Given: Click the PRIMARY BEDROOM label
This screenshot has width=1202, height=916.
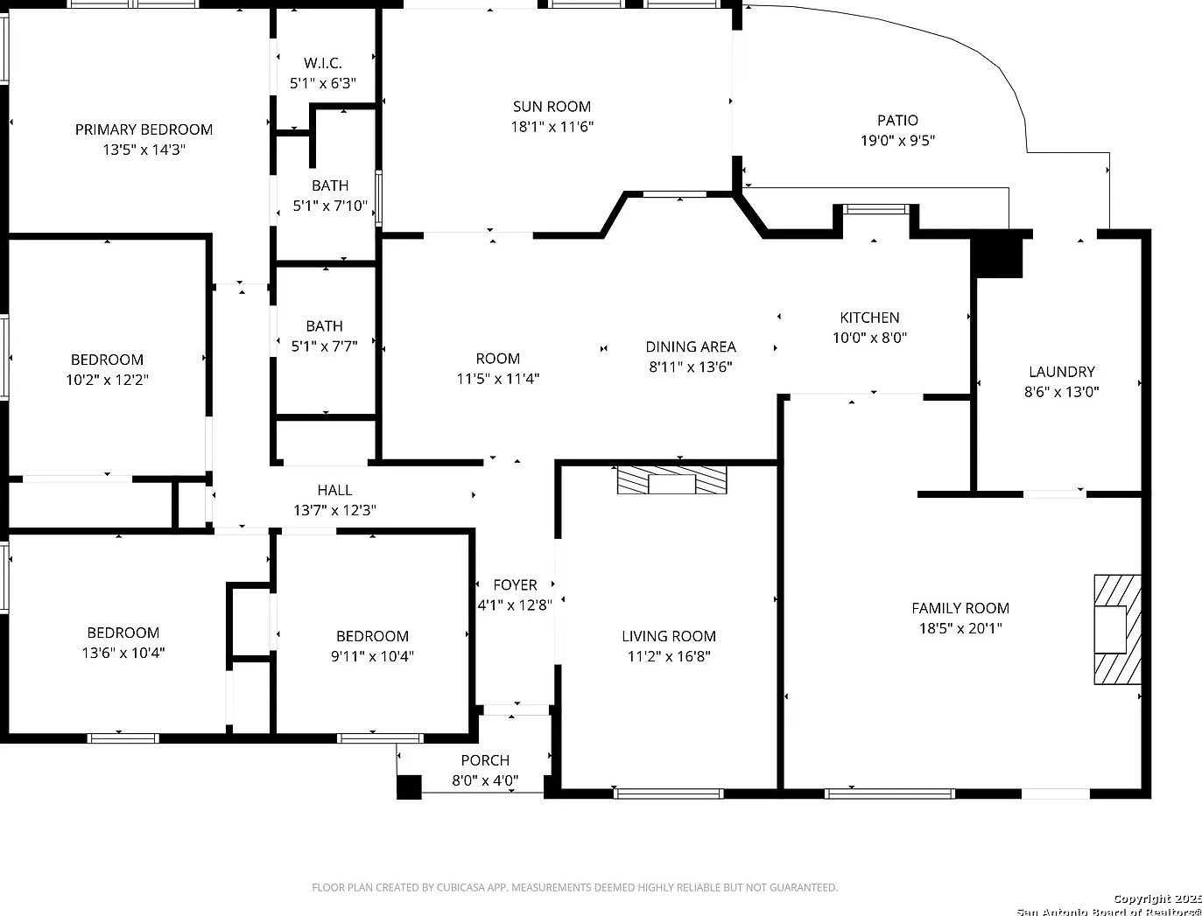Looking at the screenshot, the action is pyautogui.click(x=144, y=129).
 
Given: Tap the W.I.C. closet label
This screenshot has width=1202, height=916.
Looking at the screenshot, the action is pyautogui.click(x=322, y=63).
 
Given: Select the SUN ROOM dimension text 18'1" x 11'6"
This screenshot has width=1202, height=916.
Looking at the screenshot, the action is pyautogui.click(x=552, y=127).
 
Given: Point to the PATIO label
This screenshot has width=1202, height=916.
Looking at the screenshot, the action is pyautogui.click(x=897, y=121).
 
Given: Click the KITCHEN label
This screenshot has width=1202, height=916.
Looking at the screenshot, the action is pyautogui.click(x=869, y=318).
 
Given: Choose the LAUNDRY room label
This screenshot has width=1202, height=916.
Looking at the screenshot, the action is pyautogui.click(x=1062, y=372).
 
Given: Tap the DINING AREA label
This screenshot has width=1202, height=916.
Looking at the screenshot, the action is pyautogui.click(x=691, y=347).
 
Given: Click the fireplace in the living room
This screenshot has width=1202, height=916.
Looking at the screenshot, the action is pyautogui.click(x=672, y=480).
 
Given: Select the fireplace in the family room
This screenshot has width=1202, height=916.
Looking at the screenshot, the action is pyautogui.click(x=1118, y=629).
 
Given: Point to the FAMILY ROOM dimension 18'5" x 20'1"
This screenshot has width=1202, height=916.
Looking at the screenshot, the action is pyautogui.click(x=960, y=628).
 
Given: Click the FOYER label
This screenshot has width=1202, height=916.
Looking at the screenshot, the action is pyautogui.click(x=515, y=585).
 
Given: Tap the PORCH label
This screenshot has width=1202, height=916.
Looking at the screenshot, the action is pyautogui.click(x=485, y=760).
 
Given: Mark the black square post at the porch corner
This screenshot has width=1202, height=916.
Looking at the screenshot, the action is pyautogui.click(x=409, y=787).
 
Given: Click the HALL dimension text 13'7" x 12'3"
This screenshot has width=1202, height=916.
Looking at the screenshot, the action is pyautogui.click(x=334, y=511).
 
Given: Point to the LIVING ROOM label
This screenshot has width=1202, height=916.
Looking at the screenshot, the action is pyautogui.click(x=669, y=636).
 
